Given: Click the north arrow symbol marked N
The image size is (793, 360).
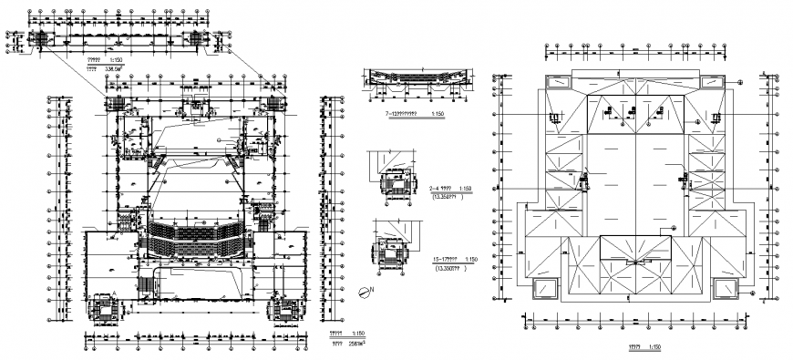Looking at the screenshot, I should click(x=365, y=292).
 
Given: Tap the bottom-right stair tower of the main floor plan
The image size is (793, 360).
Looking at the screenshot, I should click(x=283, y=309).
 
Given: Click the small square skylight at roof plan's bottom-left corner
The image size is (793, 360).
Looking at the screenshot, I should click(x=549, y=288).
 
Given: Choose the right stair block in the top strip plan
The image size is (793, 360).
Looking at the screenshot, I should click(x=199, y=39).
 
